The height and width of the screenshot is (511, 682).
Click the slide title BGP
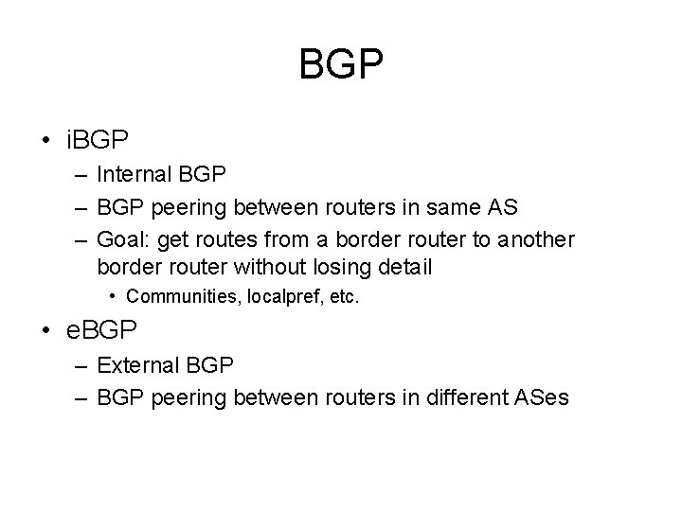pyautogui.click(x=341, y=65)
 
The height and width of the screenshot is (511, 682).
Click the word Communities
pyautogui.click(x=183, y=296)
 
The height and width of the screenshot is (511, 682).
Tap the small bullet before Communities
pyautogui.click(x=113, y=296)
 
